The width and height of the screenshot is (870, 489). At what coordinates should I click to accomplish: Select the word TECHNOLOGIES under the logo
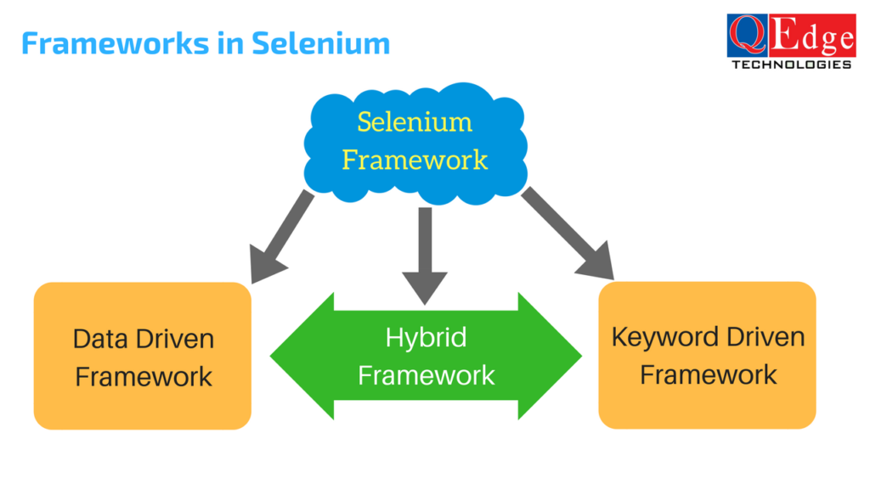[791, 65]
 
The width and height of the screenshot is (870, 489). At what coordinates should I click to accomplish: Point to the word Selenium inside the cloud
[415, 121]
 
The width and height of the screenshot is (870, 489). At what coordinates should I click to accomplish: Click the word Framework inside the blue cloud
[415, 159]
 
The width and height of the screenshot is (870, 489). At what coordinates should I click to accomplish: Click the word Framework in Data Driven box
[144, 376]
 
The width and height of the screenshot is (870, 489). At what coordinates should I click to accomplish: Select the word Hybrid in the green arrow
[426, 337]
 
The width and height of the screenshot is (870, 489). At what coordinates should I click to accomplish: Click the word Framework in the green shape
[426, 374]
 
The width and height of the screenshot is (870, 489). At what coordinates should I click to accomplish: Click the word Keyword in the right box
[662, 337]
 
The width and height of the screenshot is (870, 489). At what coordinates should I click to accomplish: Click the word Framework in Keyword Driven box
[708, 374]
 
